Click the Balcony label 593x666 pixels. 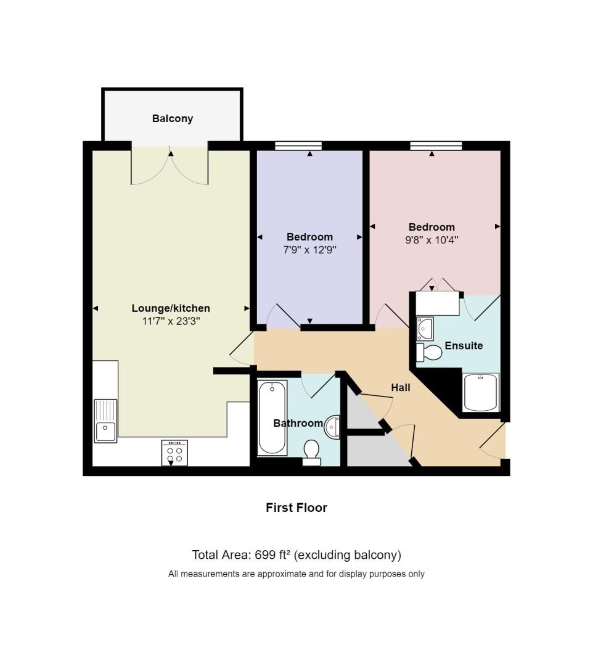coord(173,118)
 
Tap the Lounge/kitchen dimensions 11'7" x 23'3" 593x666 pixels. coord(171,321)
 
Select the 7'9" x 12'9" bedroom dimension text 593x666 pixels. coord(310,250)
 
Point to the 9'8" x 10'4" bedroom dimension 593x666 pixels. coord(431,240)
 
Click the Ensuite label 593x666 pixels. coord(464,346)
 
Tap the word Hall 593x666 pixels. coord(401,387)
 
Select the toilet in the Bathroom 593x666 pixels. coord(312,453)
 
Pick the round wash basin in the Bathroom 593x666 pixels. coord(332,427)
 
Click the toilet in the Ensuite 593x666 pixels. coord(429,353)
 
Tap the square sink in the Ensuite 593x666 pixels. coord(425,328)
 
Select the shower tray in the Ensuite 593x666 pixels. coord(481,392)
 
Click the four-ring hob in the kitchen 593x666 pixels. coord(174,453)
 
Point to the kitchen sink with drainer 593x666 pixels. coord(105,421)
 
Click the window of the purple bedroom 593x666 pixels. coord(298,146)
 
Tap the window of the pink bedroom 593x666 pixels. coord(436,146)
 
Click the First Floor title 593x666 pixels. coord(296,508)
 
